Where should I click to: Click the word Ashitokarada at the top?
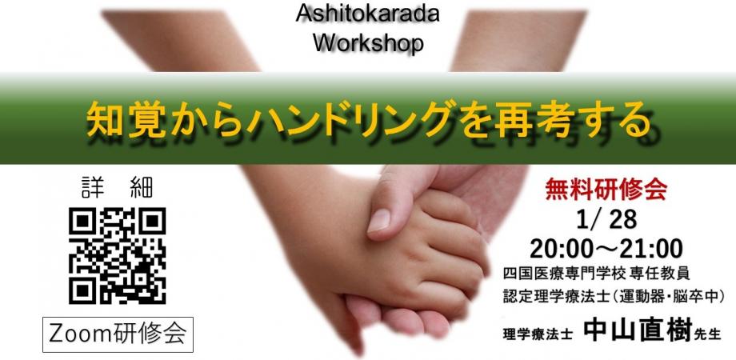pos(367,14)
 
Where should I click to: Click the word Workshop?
pos(367,41)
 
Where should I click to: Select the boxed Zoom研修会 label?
pos(118,333)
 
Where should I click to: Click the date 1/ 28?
pos(605,219)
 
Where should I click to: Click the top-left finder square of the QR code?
pos(82,222)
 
